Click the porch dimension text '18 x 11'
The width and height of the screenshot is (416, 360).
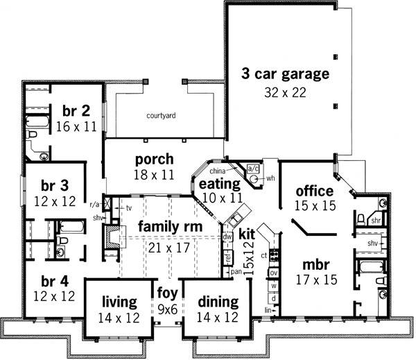pyautogui.click(x=154, y=176)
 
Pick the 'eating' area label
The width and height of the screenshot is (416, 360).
pyautogui.click(x=219, y=185)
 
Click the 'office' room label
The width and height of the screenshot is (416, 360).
pyautogui.click(x=315, y=191)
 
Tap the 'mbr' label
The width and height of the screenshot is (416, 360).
pyautogui.click(x=315, y=264)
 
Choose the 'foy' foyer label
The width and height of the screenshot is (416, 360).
pyautogui.click(x=167, y=291)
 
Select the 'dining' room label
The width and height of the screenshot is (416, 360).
pyautogui.click(x=218, y=302)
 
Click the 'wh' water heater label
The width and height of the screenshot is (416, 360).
pyautogui.click(x=270, y=178)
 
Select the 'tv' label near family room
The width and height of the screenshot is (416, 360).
pyautogui.click(x=128, y=207)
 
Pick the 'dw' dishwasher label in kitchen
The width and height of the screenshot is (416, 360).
pyautogui.click(x=227, y=237)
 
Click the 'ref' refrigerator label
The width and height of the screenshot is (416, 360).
pyautogui.click(x=227, y=257)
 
